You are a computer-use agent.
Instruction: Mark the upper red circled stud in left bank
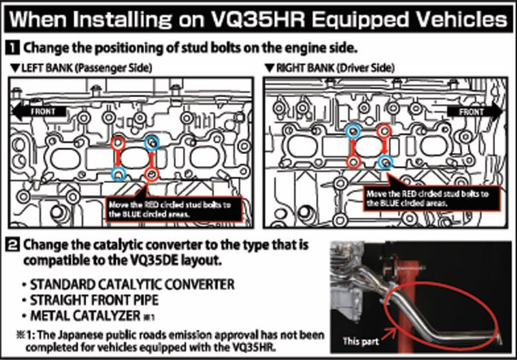point(118,143)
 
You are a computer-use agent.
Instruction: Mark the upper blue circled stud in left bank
point(151,143)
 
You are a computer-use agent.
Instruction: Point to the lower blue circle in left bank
point(118,173)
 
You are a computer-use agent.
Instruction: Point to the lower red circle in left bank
point(151,173)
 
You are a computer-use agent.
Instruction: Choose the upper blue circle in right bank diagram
point(353,131)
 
